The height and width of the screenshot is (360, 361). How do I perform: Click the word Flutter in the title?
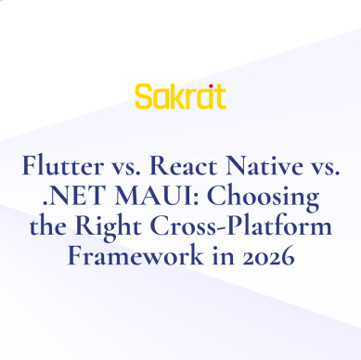coord(59,169)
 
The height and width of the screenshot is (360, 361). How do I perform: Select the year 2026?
coord(266,258)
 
